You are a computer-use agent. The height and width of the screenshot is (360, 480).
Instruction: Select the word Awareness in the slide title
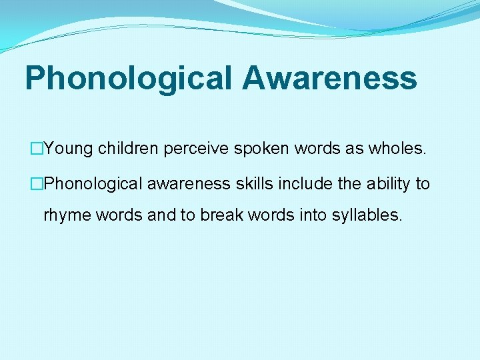(329, 77)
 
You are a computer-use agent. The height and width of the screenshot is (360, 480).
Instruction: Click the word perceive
(196, 149)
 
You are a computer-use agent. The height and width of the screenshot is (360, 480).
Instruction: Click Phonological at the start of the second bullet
(93, 184)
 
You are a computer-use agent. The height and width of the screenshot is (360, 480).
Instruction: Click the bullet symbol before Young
(37, 149)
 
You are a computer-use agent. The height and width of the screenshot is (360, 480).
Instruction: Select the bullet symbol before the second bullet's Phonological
(37, 184)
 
